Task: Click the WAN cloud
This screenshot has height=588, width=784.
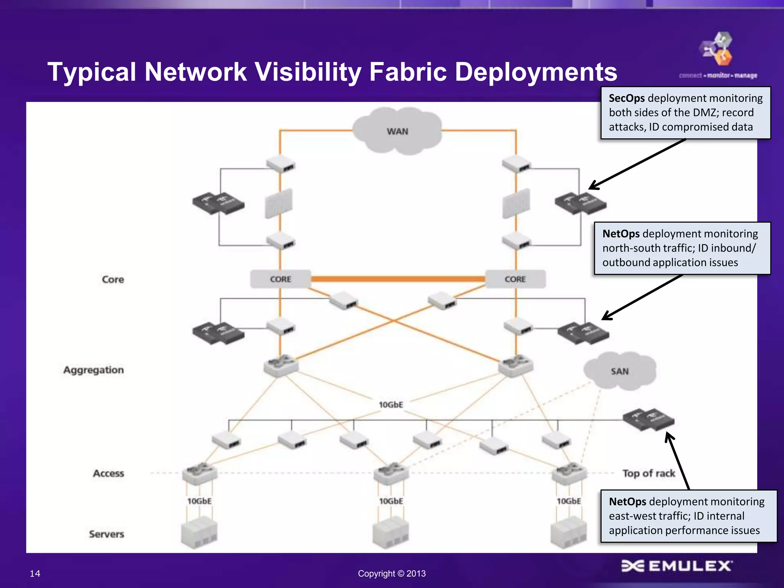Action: click(397, 131)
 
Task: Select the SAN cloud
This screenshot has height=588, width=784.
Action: click(619, 371)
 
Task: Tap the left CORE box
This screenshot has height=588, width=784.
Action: click(281, 279)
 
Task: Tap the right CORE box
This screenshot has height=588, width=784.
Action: click(515, 279)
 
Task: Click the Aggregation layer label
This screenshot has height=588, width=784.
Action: click(94, 370)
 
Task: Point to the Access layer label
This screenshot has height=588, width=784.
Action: click(109, 473)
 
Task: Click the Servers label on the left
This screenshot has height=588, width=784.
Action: click(106, 534)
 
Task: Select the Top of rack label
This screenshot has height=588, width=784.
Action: click(649, 473)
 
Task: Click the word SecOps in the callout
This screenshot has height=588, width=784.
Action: click(627, 98)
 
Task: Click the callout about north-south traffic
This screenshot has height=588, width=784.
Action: click(682, 248)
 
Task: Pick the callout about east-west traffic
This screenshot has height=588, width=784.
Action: click(688, 516)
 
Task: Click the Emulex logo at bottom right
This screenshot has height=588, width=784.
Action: click(676, 566)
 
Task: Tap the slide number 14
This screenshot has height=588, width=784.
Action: click(35, 573)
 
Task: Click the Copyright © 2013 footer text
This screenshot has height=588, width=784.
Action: click(392, 573)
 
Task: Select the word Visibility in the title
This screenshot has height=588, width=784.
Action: click(309, 72)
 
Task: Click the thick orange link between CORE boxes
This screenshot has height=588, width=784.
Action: click(398, 279)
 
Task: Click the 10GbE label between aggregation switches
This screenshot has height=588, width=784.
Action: click(391, 405)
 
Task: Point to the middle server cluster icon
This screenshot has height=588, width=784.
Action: click(391, 532)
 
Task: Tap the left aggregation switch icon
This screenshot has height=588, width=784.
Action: click(281, 366)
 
